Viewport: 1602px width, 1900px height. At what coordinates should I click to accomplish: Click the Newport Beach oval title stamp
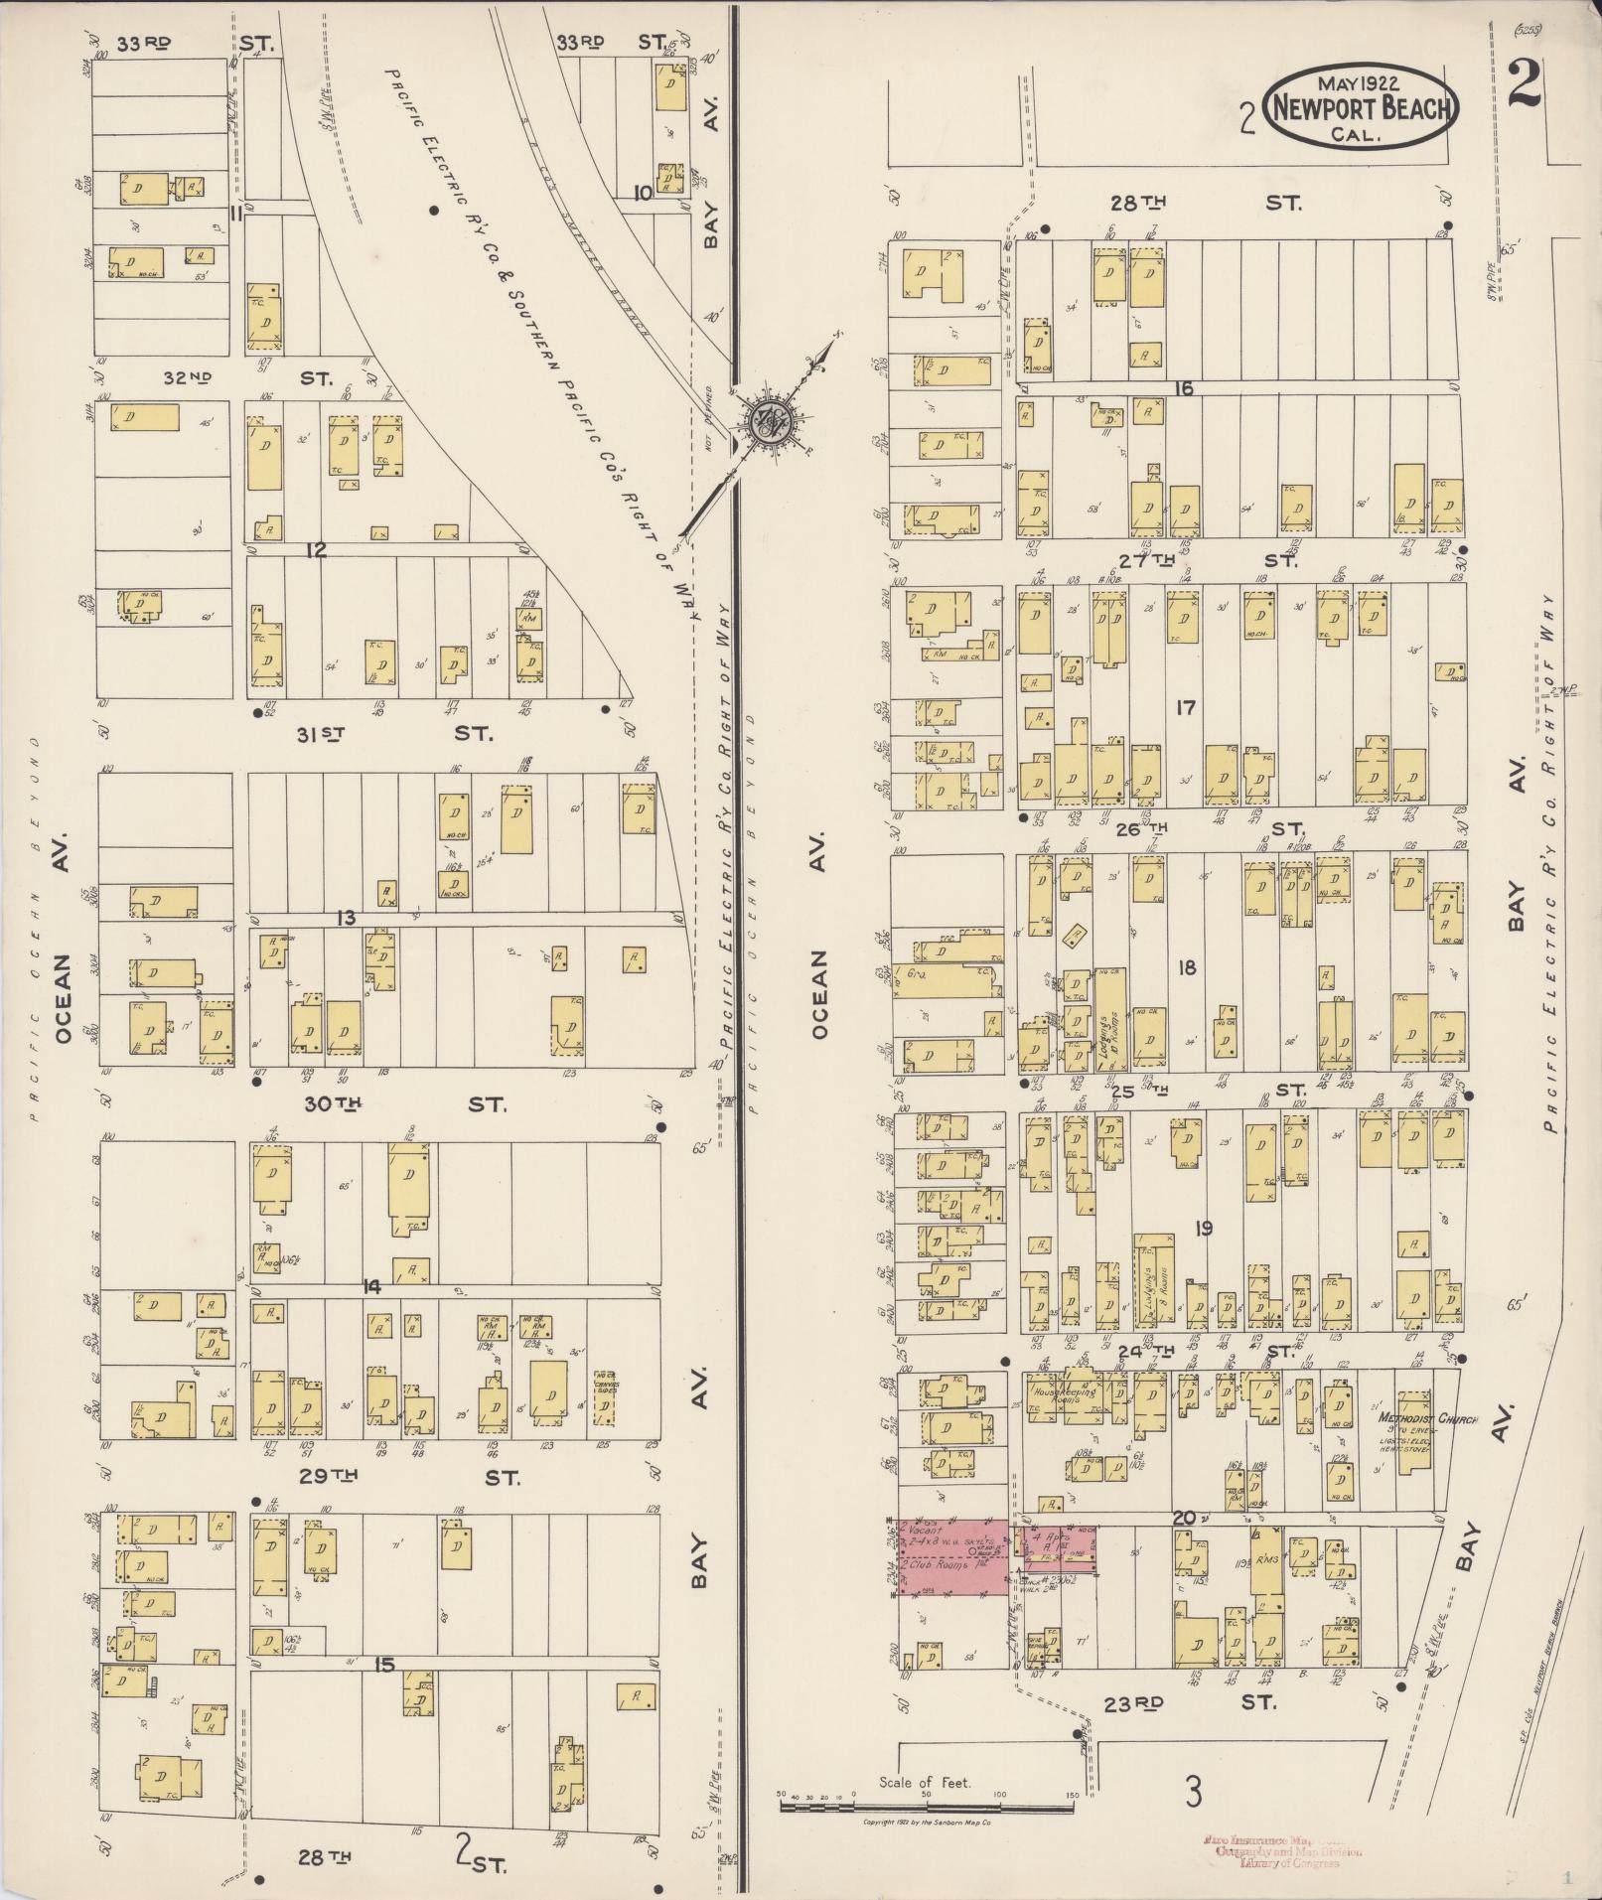point(1361,107)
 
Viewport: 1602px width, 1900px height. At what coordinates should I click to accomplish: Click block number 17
point(1185,708)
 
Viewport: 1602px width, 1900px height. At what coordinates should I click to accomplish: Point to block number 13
point(345,919)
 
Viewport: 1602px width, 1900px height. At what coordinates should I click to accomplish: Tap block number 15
point(385,1665)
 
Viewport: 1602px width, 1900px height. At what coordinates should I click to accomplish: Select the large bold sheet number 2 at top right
point(1522,84)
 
